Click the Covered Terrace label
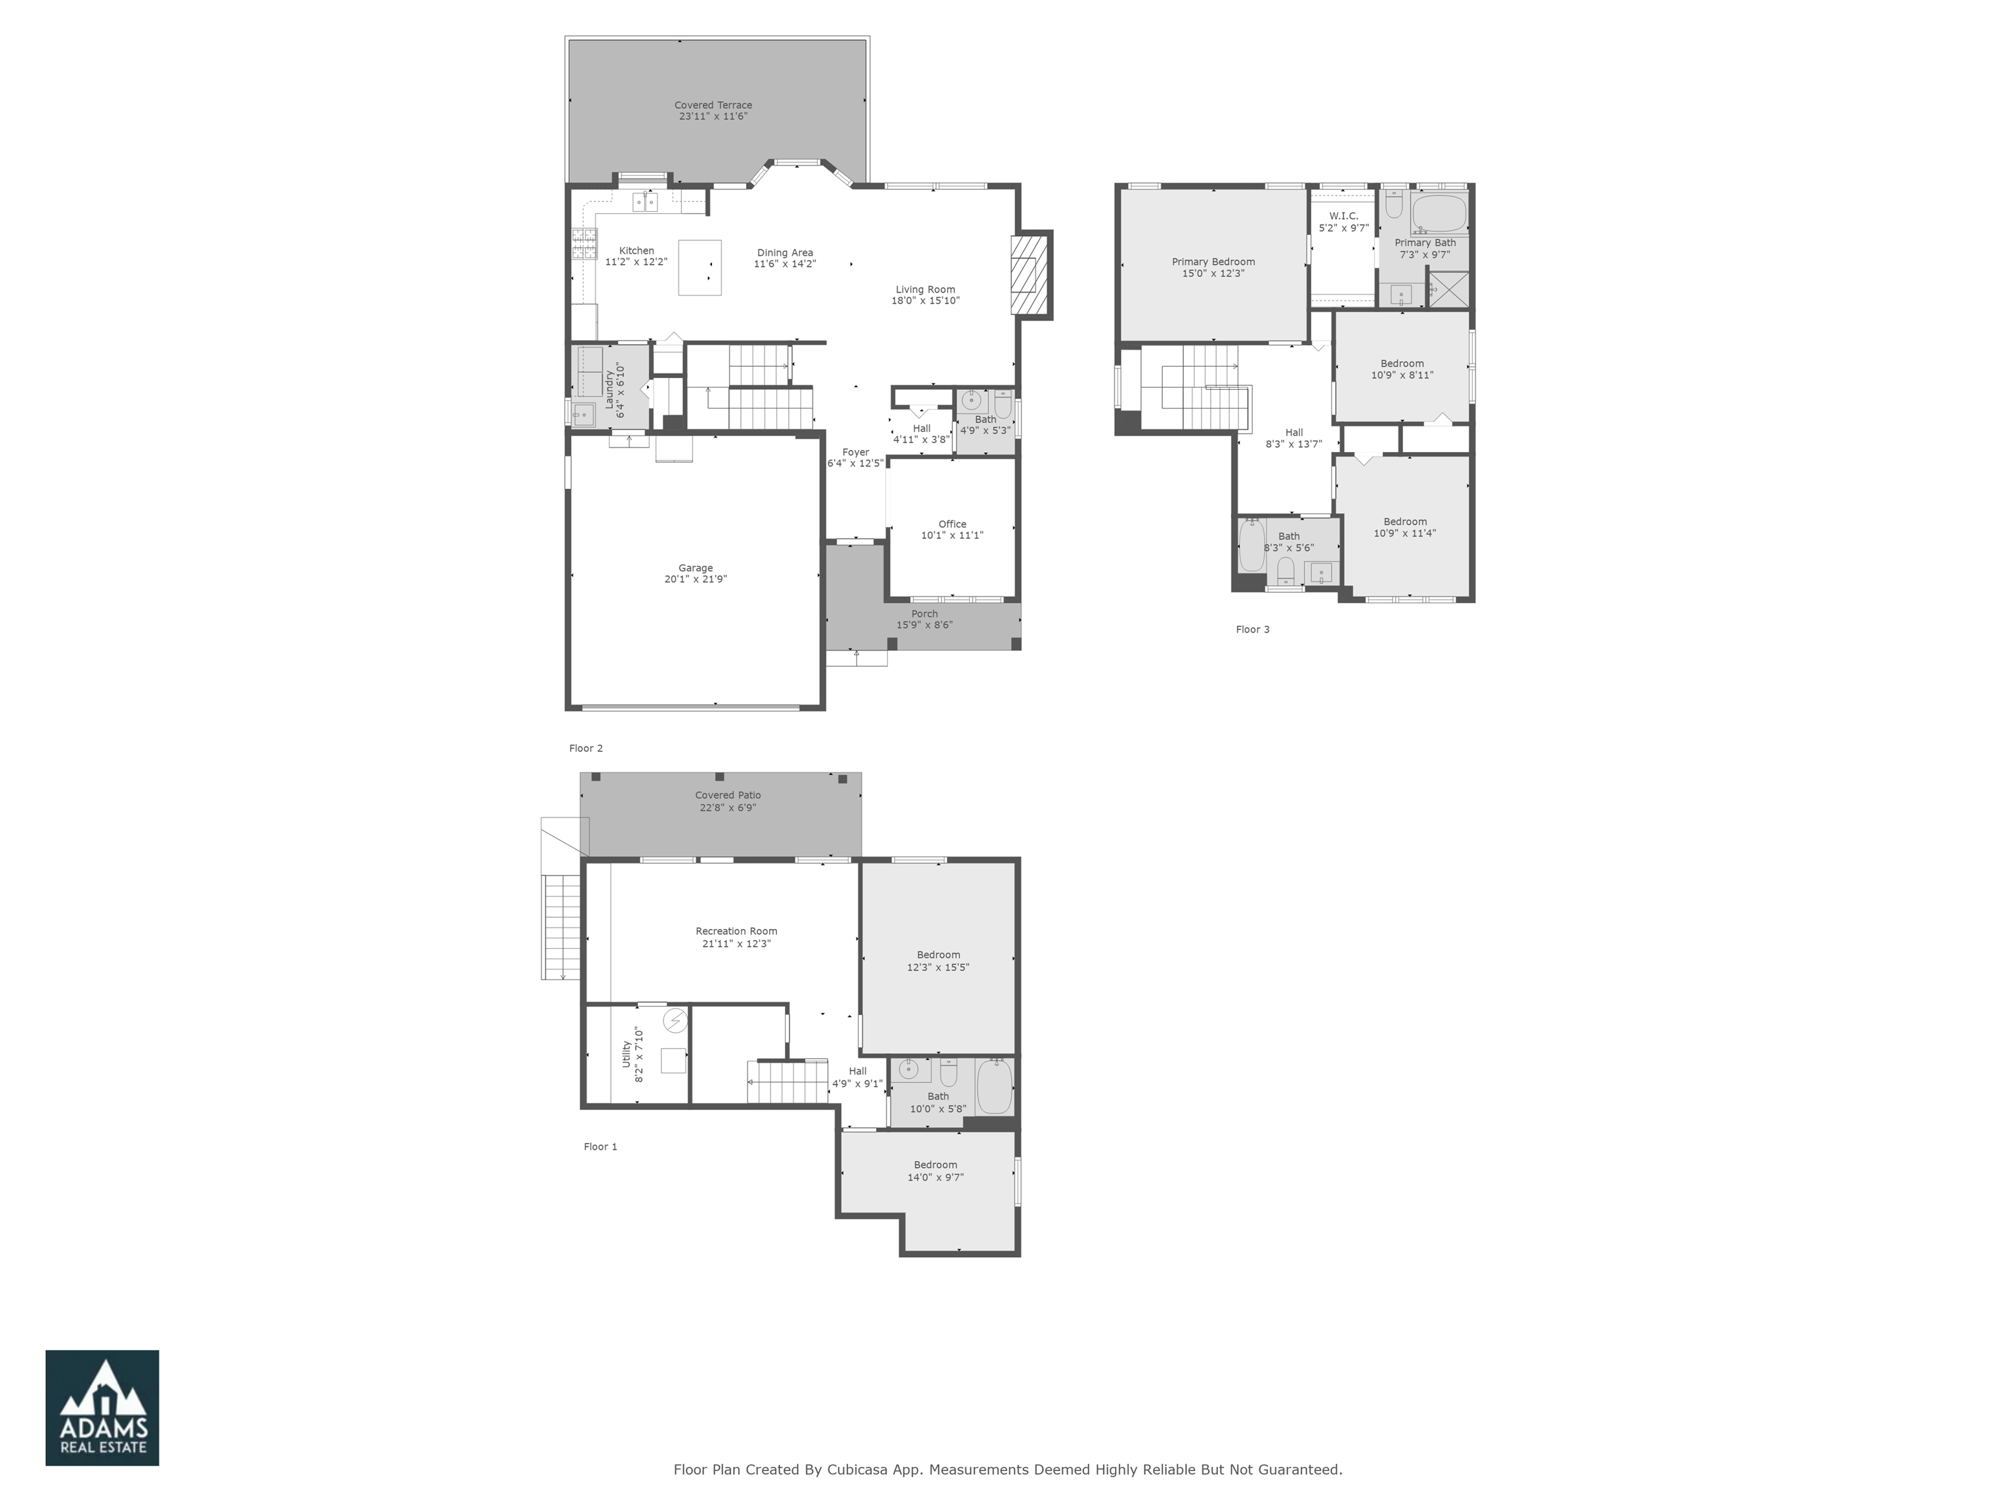(x=713, y=106)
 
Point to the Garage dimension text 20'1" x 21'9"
(x=696, y=579)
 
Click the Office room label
(x=952, y=524)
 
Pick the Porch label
(x=924, y=613)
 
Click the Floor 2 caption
(x=586, y=748)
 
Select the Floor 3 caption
(x=1252, y=629)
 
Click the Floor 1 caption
(x=600, y=1146)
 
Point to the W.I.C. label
(x=1343, y=216)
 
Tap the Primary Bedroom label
(x=1213, y=262)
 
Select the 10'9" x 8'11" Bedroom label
(x=1402, y=363)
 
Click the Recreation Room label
(x=736, y=932)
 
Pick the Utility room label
(x=626, y=1054)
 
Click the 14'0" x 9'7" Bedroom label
(x=935, y=1165)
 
